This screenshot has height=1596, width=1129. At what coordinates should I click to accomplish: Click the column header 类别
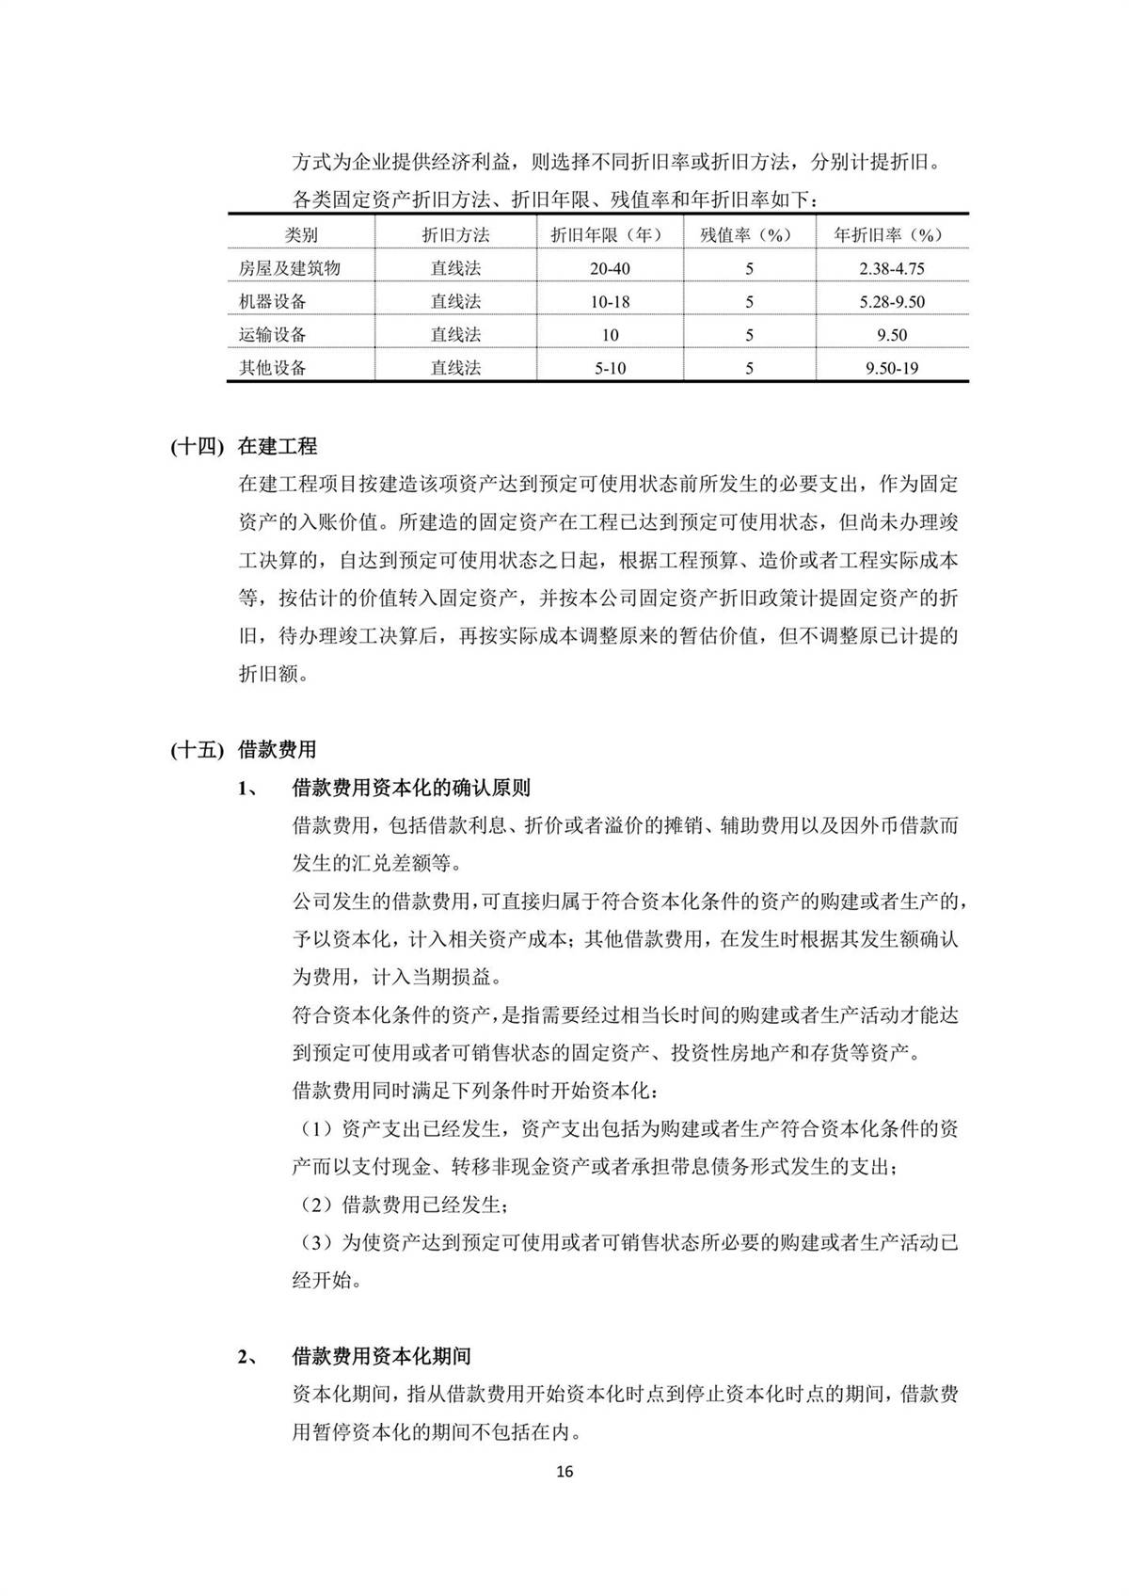pyautogui.click(x=301, y=235)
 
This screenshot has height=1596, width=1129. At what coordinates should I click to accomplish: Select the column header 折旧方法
pyautogui.click(x=455, y=235)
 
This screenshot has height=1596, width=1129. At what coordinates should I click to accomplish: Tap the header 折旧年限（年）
pyautogui.click(x=610, y=235)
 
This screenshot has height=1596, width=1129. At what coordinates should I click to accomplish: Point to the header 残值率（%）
pyautogui.click(x=749, y=235)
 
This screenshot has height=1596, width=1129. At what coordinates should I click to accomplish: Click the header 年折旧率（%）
pyautogui.click(x=891, y=235)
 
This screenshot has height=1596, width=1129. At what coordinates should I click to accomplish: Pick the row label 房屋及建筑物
pyautogui.click(x=290, y=268)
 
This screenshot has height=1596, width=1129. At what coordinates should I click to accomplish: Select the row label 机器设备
pyautogui.click(x=273, y=301)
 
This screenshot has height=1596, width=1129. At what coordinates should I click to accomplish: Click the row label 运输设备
pyautogui.click(x=273, y=335)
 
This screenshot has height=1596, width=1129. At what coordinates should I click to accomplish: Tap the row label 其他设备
pyautogui.click(x=273, y=368)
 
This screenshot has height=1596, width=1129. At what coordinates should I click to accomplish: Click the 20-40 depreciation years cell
pyautogui.click(x=610, y=268)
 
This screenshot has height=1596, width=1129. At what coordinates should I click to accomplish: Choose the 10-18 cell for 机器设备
pyautogui.click(x=610, y=302)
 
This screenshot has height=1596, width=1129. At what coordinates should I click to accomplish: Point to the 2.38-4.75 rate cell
pyautogui.click(x=891, y=268)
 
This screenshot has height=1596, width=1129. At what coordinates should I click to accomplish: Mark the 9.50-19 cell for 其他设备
pyautogui.click(x=891, y=368)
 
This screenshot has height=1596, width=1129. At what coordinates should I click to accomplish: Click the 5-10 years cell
pyautogui.click(x=610, y=368)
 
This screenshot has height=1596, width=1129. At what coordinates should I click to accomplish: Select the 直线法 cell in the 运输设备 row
pyautogui.click(x=455, y=335)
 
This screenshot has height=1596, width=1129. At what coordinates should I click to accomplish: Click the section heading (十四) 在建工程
pyautogui.click(x=244, y=446)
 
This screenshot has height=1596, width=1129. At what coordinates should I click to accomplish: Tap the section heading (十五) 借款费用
pyautogui.click(x=244, y=750)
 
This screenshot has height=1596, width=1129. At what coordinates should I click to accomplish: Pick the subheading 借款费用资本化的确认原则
pyautogui.click(x=411, y=787)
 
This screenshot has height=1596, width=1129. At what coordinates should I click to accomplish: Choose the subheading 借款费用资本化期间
pyautogui.click(x=381, y=1356)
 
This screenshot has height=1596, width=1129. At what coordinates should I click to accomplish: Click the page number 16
pyautogui.click(x=564, y=1472)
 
